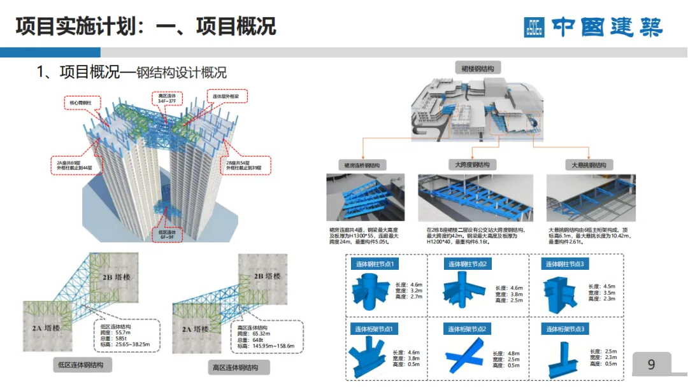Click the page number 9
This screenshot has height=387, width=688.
(x=651, y=365)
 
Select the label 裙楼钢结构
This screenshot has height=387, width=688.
(x=478, y=67)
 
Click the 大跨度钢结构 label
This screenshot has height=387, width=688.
(x=472, y=165)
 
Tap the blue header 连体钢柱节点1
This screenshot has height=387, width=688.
(x=376, y=264)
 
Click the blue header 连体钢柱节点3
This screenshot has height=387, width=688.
(x=564, y=264)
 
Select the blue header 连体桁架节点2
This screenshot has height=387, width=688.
(x=470, y=329)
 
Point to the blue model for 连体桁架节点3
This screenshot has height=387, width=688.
(x=564, y=356)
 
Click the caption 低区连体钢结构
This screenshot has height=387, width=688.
(x=82, y=365)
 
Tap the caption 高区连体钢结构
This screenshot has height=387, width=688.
(x=239, y=367)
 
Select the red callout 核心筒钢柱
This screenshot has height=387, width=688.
(x=80, y=102)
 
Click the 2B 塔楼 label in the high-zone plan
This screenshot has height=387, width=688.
(x=268, y=277)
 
